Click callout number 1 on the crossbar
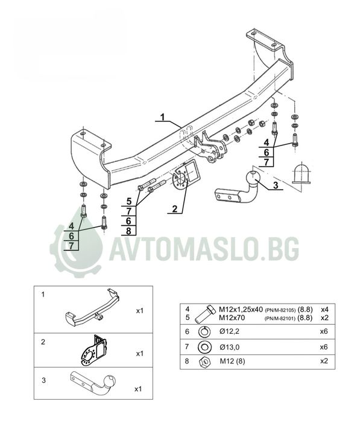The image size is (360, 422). (162, 117)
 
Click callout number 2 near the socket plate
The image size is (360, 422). (175, 209)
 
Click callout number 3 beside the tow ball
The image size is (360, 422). (276, 185)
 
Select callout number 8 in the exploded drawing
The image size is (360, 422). (128, 231)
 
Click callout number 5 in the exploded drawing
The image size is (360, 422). (129, 201)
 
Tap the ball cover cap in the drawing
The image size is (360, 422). (301, 173)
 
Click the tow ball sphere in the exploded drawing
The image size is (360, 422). (253, 177)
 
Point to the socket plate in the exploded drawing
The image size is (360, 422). (186, 176)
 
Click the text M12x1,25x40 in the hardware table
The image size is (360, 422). (241, 310)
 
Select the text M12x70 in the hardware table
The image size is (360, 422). (232, 318)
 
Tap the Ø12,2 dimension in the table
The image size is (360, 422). (229, 331)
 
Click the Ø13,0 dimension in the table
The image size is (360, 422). (229, 347)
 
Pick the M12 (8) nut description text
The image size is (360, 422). (232, 361)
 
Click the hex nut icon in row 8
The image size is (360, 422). (204, 362)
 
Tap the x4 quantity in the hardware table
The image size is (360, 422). (324, 310)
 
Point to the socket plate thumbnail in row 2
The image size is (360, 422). (94, 350)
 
